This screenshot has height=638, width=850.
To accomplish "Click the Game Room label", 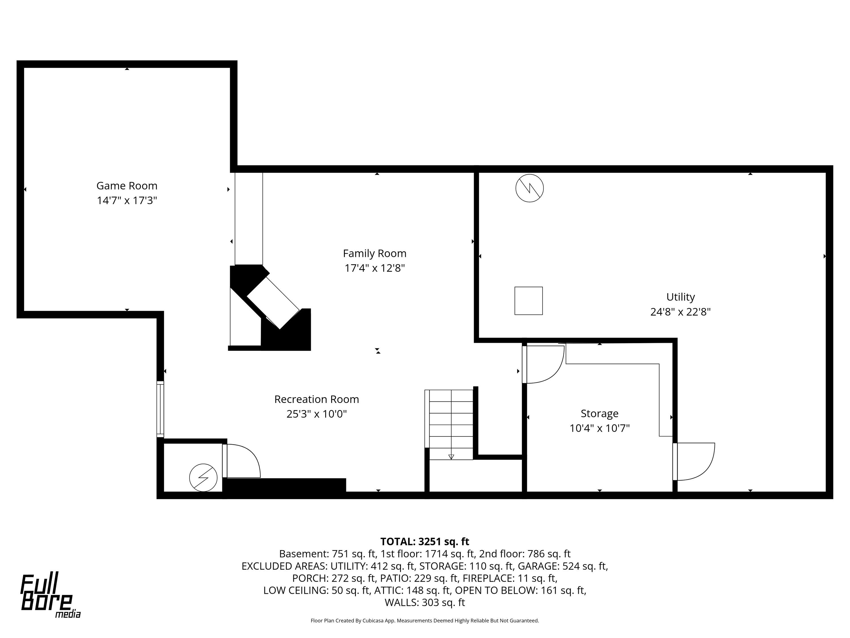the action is coord(127,186).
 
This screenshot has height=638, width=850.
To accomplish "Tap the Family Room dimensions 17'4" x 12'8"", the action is coord(375,268).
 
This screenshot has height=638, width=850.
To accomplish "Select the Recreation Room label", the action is coord(317,399).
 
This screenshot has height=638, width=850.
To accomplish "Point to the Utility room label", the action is coord(681,297).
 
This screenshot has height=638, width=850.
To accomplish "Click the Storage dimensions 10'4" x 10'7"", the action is coord(600,428).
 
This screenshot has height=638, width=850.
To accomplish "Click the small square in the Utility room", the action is coord(529,301).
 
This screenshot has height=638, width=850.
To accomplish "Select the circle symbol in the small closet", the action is coord(203,478).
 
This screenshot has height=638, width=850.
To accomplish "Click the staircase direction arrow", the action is coord(451,457).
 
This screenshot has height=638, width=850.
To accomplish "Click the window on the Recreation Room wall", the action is coord(160,409).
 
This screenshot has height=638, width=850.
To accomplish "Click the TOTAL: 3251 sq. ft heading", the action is coord(425,542).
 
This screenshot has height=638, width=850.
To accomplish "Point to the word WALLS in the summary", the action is coord(401,602).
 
